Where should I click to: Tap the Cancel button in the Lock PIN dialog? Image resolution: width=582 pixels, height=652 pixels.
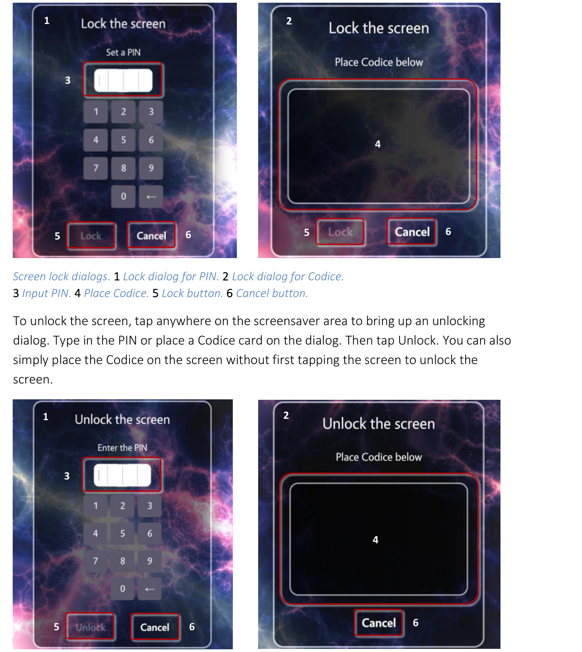(151, 235)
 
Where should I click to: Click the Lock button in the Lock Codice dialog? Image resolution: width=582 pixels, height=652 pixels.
(340, 232)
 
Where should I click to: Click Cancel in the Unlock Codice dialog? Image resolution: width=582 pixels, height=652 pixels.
(379, 623)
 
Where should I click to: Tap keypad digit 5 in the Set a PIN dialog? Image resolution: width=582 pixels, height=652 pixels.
(123, 140)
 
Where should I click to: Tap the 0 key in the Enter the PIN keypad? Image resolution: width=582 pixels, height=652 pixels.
(122, 589)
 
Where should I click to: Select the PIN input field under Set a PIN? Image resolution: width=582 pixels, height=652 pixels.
(123, 81)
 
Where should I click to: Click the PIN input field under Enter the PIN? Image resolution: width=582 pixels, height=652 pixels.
(122, 475)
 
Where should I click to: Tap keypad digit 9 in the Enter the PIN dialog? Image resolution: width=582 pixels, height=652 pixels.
(150, 561)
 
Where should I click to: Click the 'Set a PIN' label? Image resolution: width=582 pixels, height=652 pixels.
(123, 53)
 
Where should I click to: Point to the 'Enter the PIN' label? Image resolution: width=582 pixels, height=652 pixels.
(122, 448)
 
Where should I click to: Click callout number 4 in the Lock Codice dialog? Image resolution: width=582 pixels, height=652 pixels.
(378, 144)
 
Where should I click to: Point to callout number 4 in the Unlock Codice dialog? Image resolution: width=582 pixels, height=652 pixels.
(375, 540)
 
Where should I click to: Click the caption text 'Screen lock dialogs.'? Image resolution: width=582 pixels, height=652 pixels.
(61, 277)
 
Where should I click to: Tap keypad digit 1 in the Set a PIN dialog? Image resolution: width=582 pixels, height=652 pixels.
(96, 112)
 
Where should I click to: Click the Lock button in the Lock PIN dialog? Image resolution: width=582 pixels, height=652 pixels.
(91, 236)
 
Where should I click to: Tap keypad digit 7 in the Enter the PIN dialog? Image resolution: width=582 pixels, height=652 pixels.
(95, 561)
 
